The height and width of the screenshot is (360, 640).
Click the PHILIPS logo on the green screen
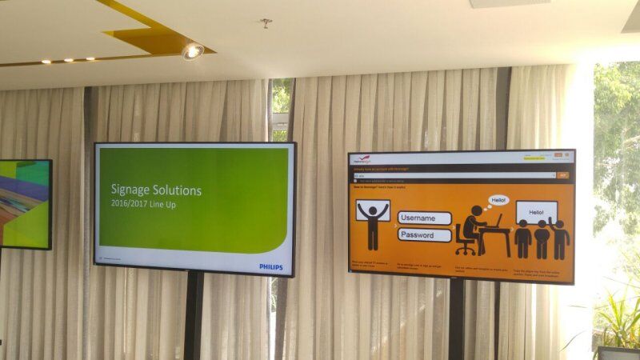pyautogui.click(x=270, y=266)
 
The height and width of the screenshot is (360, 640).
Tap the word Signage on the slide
pyautogui.click(x=134, y=190)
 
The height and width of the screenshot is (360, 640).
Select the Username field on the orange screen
pyautogui.click(x=424, y=218)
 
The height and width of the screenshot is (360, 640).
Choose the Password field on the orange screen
pyautogui.click(x=424, y=235)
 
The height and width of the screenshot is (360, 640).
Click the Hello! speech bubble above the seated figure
pyautogui.click(x=498, y=199)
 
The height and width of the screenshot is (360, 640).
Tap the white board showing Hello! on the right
pyautogui.click(x=537, y=212)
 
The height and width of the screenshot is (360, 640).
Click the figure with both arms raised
pyautogui.click(x=373, y=224)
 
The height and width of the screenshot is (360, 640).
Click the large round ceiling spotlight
pyautogui.click(x=192, y=51)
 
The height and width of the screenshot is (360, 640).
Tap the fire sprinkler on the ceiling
pyautogui.click(x=266, y=22)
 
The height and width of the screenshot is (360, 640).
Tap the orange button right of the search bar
pyautogui.click(x=563, y=174)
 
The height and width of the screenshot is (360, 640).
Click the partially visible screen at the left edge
pyautogui.click(x=24, y=204)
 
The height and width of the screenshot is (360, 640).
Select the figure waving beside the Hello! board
pyautogui.click(x=560, y=235)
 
